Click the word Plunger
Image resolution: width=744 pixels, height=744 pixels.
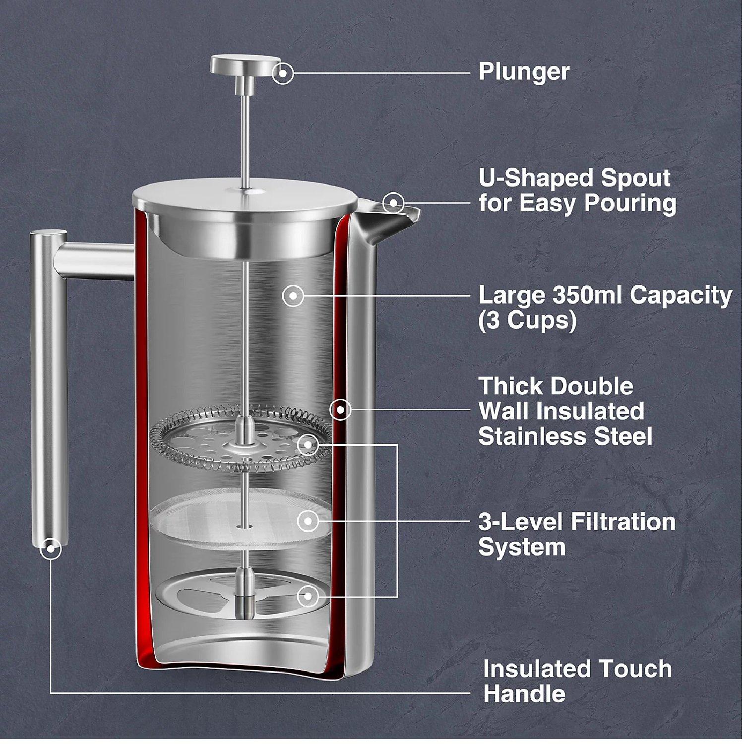tap(524, 72)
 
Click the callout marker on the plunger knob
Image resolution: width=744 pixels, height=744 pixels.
tap(283, 73)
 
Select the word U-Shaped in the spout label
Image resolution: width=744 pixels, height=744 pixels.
tap(536, 178)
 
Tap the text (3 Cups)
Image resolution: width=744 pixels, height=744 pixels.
tap(527, 321)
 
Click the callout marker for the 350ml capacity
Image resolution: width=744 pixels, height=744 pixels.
tap(293, 296)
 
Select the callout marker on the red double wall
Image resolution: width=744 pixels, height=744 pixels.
tap(340, 410)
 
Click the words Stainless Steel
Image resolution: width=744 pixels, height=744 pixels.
tap(565, 436)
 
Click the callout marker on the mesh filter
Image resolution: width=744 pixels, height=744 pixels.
tap(308, 521)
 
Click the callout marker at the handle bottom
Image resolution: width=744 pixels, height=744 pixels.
tap(50, 549)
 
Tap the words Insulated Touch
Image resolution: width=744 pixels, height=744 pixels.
tap(577, 669)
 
